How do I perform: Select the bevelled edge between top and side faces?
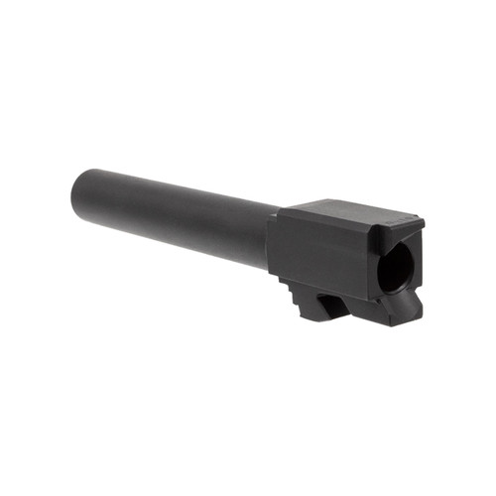[x=327, y=224]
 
